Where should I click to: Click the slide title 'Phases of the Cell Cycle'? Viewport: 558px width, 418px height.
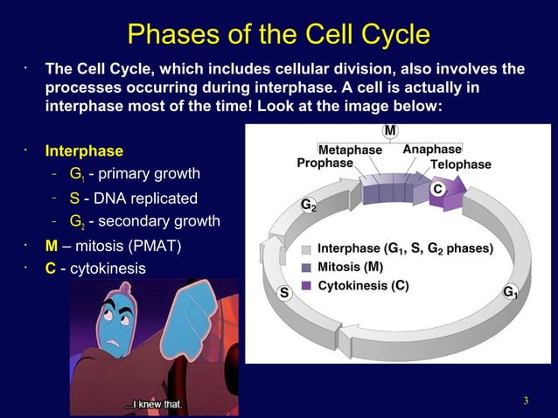(278, 34)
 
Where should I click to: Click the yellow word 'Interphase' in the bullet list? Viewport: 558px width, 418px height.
(84, 150)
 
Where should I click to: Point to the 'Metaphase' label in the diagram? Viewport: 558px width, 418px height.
(350, 150)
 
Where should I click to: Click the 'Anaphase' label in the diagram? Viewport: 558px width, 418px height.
(431, 150)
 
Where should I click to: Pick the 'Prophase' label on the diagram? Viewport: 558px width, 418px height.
(325, 163)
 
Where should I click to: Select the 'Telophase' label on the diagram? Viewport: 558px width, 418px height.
(460, 164)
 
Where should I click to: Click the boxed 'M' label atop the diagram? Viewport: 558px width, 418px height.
(389, 131)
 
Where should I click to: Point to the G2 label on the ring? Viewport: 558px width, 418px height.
(309, 206)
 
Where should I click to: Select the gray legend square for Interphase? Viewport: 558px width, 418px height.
(307, 249)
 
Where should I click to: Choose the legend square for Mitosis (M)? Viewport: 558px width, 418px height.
(307, 267)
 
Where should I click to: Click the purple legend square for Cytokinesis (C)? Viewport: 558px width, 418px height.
(307, 285)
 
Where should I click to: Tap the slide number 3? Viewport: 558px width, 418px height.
(526, 401)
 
